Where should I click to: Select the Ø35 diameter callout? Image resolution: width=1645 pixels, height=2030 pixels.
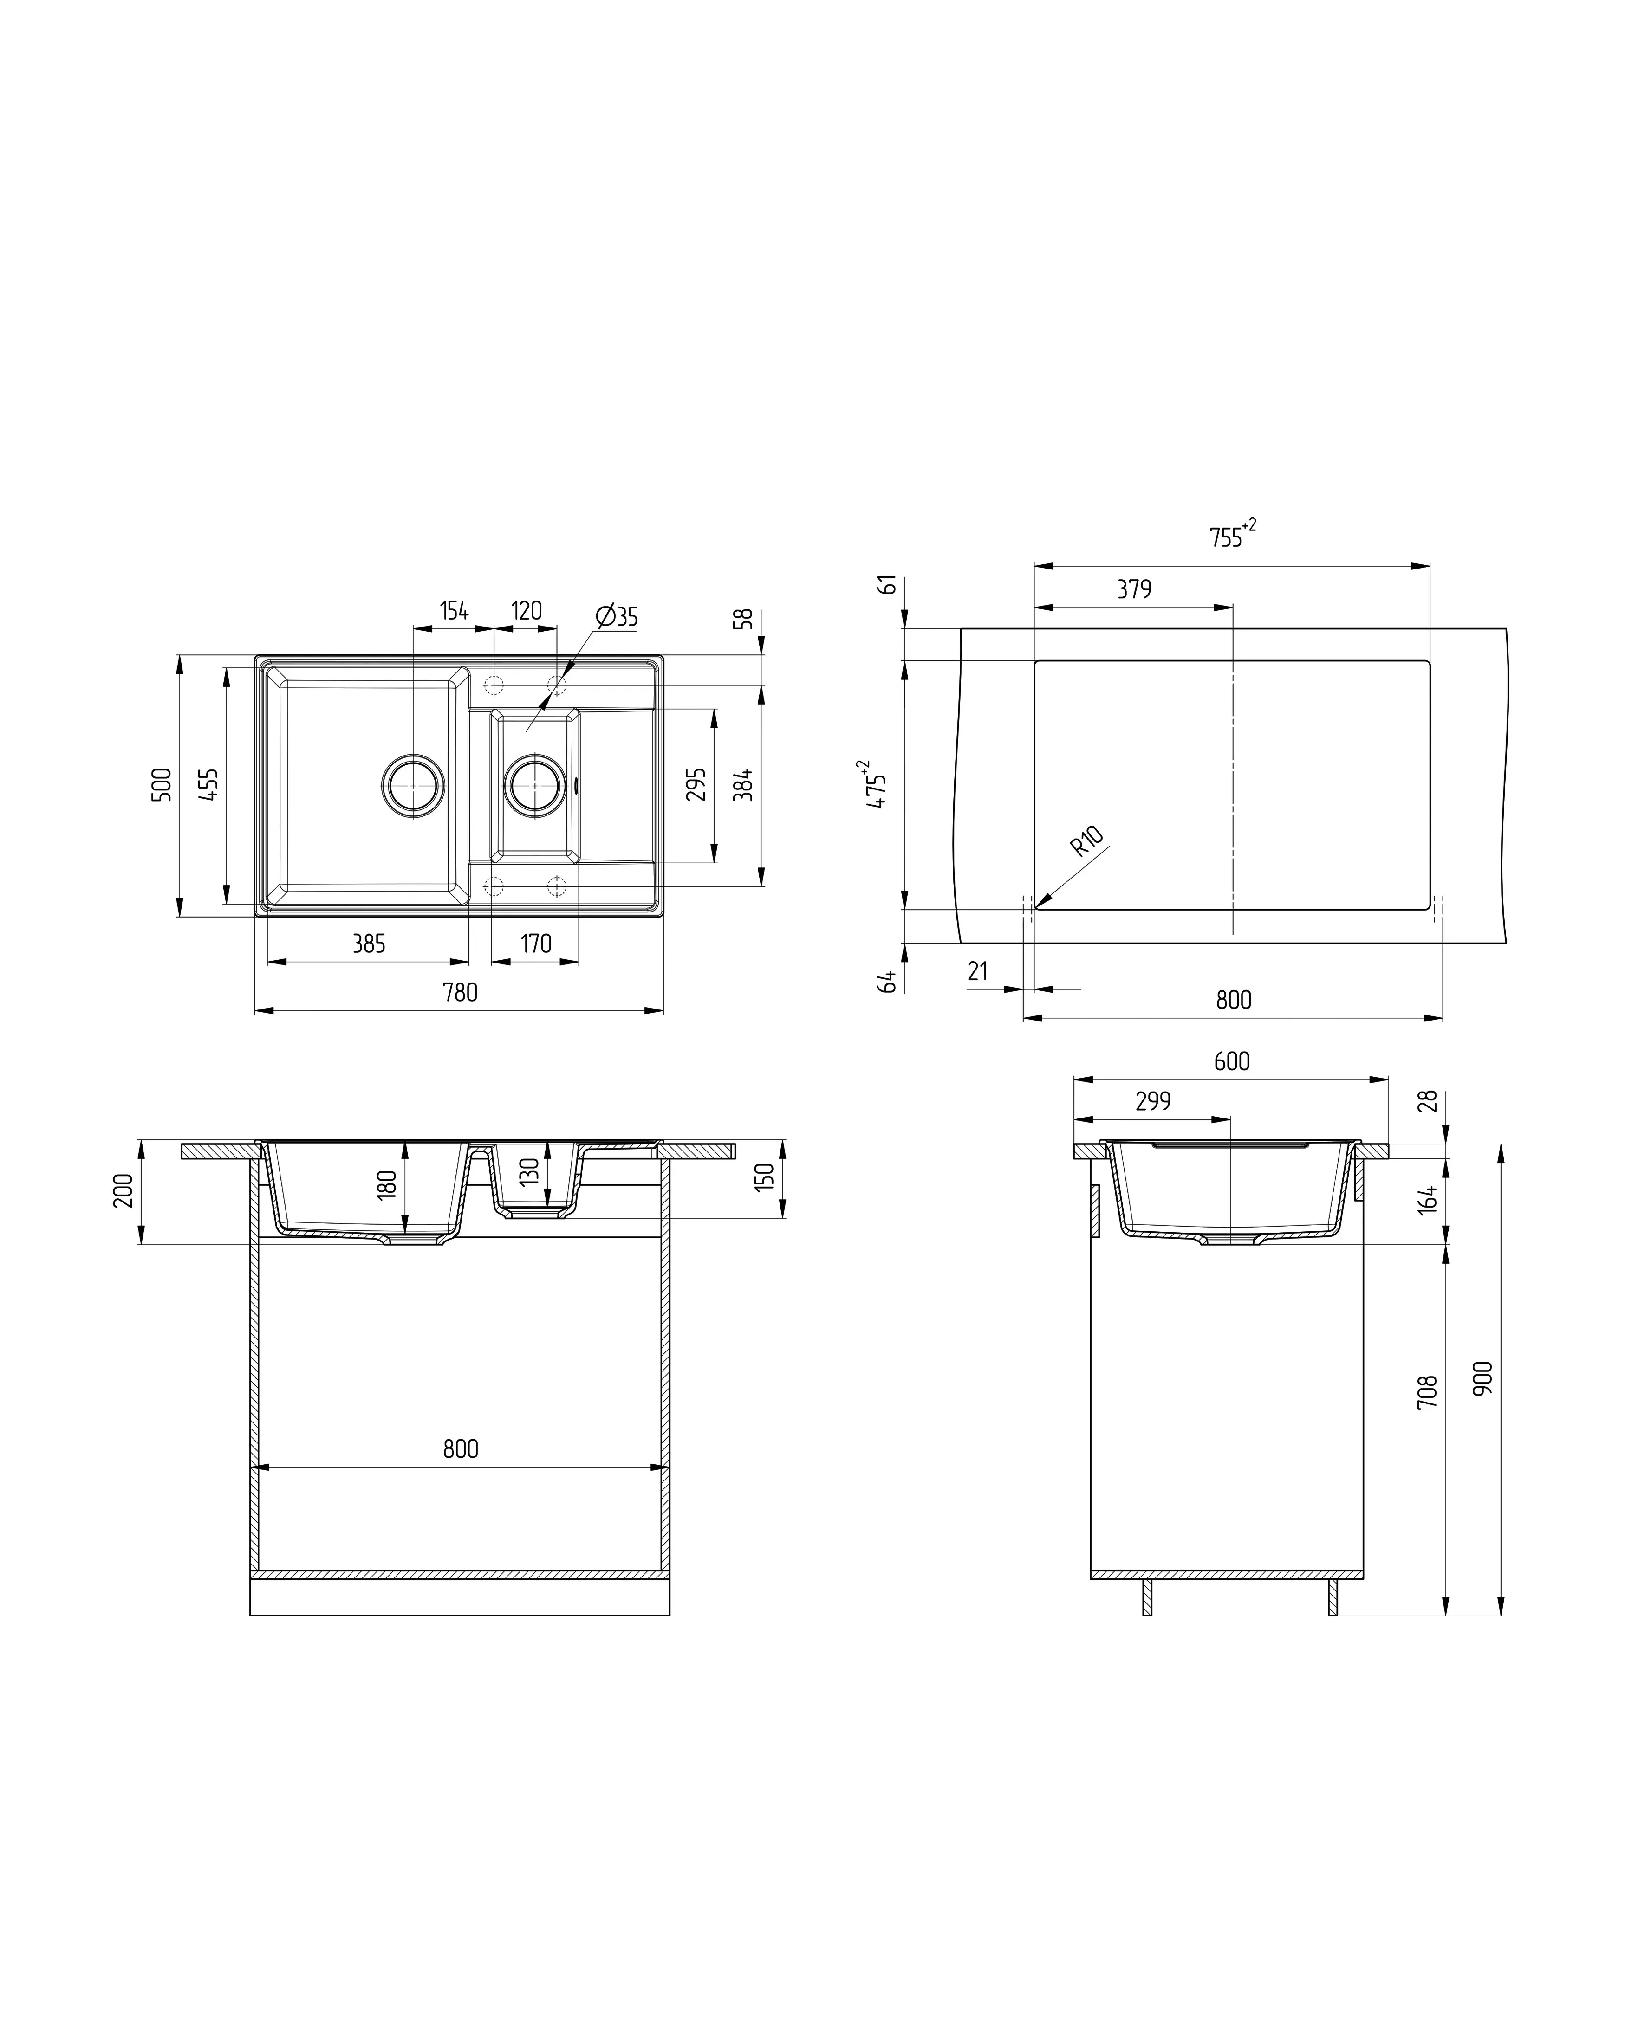coord(617,617)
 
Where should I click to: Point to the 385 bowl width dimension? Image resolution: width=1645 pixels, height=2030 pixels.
coord(369,944)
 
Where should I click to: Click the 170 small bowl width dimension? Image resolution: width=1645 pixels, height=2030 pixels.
coord(536,944)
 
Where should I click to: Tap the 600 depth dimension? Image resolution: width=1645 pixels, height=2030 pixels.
coord(1232,1061)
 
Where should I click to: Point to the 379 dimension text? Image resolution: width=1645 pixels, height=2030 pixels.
coord(1134,589)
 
